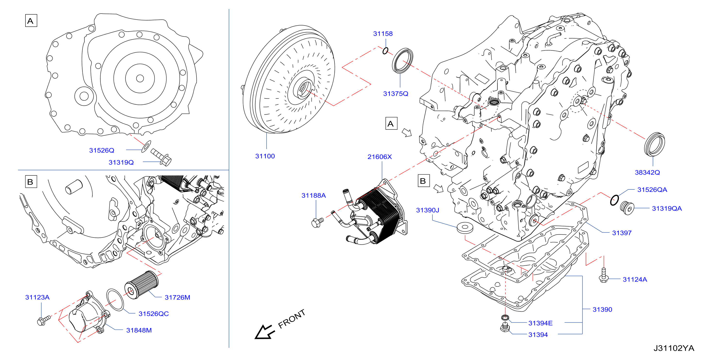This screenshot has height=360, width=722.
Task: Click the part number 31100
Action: (x=265, y=156)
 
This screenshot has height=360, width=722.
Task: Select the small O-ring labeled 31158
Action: (x=385, y=51)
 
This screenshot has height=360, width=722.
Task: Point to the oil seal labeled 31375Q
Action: (x=402, y=61)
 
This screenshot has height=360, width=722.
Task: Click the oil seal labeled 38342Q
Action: (x=654, y=144)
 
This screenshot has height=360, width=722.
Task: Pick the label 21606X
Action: (x=380, y=157)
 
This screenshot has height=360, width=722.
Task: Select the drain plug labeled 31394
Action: (x=505, y=327)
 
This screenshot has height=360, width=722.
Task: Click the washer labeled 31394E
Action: (x=505, y=317)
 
